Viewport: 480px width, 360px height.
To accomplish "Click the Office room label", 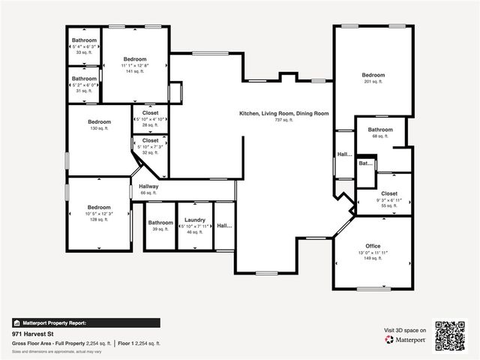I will click(x=373, y=246).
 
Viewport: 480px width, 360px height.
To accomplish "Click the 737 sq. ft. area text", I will click(x=283, y=120).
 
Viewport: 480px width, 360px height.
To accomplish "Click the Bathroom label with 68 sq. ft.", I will click(x=380, y=130).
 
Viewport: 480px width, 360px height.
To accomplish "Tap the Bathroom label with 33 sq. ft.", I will click(x=84, y=40).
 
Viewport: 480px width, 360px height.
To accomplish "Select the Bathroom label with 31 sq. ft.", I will click(x=84, y=79).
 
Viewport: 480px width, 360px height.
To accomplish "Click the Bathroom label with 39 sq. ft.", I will click(x=160, y=223).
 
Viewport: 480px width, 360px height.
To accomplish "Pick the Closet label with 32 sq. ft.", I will click(x=150, y=140).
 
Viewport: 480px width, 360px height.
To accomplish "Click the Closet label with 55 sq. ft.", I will click(x=389, y=193).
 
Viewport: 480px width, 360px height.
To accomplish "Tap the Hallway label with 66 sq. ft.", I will click(x=148, y=187).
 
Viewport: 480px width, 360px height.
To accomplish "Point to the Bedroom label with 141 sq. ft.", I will click(x=135, y=59).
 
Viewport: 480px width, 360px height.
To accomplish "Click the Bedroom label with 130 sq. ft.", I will click(x=99, y=122).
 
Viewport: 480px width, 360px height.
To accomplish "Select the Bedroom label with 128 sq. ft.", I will click(x=99, y=208).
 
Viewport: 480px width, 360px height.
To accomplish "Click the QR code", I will click(x=451, y=335).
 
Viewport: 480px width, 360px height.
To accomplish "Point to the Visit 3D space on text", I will click(x=405, y=330).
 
